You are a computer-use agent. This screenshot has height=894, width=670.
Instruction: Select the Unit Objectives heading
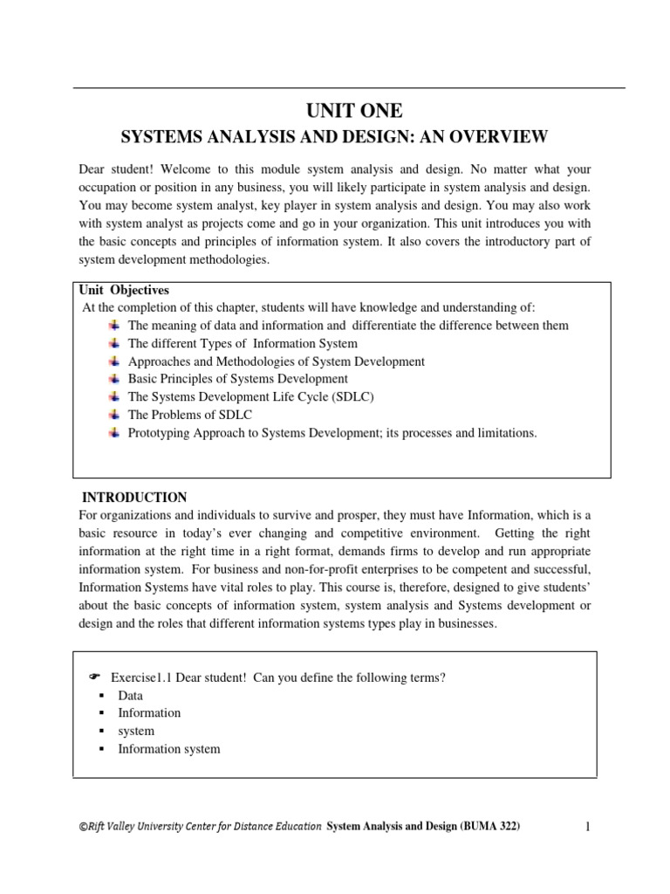pyautogui.click(x=126, y=290)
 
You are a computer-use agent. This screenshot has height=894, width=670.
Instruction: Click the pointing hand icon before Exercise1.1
pyautogui.click(x=96, y=678)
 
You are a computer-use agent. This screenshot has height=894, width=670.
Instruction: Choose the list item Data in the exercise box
pyautogui.click(x=130, y=696)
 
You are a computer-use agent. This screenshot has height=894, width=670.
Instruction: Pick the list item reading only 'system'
pyautogui.click(x=136, y=731)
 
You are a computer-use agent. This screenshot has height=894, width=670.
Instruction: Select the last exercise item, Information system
pyautogui.click(x=169, y=749)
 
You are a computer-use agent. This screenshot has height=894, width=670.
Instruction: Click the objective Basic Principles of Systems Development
pyautogui.click(x=237, y=379)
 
